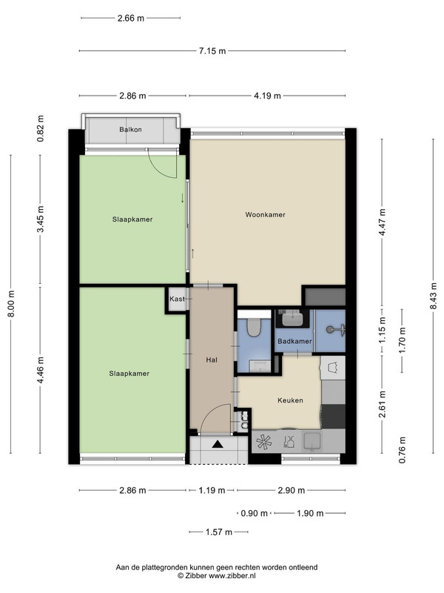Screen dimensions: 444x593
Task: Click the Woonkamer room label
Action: coord(265,215)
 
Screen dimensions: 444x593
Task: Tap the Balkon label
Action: coord(131,129)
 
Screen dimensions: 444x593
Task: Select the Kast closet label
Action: coord(177,299)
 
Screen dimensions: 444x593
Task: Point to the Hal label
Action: coord(212,360)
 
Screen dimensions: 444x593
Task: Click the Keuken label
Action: coord(290,400)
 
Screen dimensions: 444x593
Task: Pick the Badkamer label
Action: coord(295,341)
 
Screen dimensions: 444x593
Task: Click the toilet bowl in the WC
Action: coord(253,328)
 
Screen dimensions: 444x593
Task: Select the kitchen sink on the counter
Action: coord(312,441)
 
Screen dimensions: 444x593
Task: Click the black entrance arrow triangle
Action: coord(218,444)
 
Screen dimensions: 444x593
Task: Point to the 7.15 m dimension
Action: coord(212,50)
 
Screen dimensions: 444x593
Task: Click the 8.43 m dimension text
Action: coord(434,296)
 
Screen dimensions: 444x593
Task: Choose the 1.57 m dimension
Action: coord(218,532)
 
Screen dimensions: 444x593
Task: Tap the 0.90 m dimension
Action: coord(254,513)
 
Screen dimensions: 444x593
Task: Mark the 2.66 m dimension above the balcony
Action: coord(131,18)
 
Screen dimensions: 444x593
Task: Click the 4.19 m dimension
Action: coord(267,96)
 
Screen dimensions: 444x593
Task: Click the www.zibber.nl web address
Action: coord(232,576)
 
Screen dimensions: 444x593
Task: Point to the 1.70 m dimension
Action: coord(402,340)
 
